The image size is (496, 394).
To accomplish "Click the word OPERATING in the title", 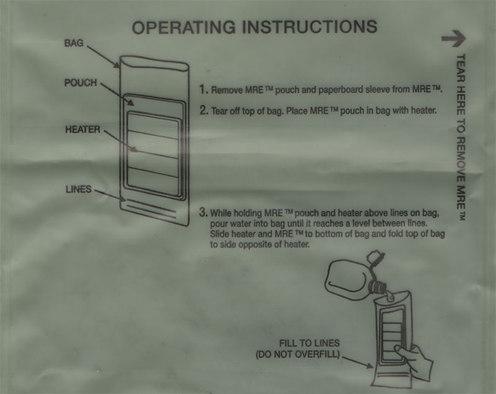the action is click(184, 27).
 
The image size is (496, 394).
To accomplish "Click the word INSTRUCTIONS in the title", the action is click(309, 27).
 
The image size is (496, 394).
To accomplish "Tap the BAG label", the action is click(74, 43).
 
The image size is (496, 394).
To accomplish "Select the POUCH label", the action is click(81, 83).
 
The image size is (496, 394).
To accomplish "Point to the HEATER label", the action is click(82, 129).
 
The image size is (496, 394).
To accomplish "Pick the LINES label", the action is click(79, 190).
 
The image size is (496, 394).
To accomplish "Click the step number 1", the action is click(203, 89).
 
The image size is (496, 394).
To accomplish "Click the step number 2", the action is click(204, 110).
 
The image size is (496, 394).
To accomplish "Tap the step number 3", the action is click(203, 212).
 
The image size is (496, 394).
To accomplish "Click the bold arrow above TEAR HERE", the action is click(454, 38).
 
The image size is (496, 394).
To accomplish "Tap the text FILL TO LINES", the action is click(309, 343).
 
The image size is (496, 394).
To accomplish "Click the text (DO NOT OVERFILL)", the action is click(298, 354).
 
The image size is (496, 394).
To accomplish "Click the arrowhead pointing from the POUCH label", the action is click(131, 102).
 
